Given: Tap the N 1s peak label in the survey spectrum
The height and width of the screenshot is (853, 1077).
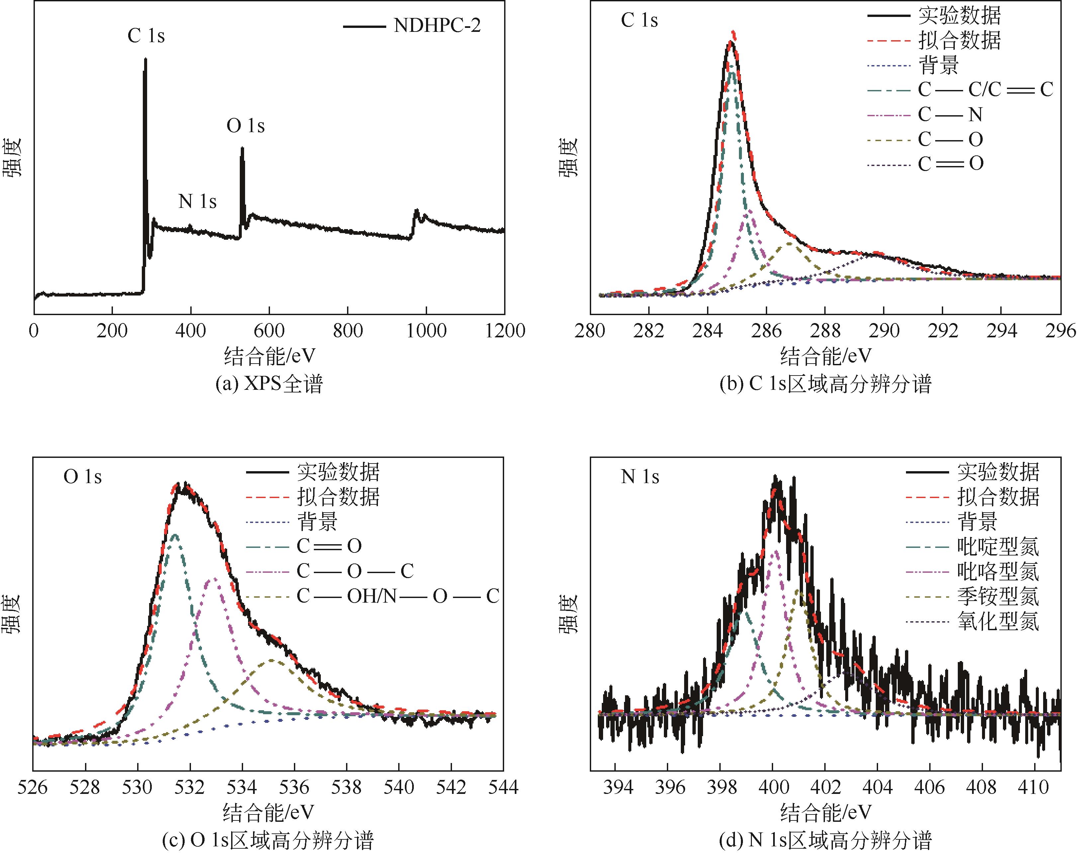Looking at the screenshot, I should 197,201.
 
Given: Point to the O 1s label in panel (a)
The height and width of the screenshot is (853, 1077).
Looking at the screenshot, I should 245,126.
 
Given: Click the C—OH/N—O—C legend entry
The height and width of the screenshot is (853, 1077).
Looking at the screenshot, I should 398,596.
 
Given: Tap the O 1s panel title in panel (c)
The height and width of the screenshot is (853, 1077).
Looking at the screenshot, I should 82,476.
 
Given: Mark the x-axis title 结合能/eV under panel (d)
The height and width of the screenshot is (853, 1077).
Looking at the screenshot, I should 825,812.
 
